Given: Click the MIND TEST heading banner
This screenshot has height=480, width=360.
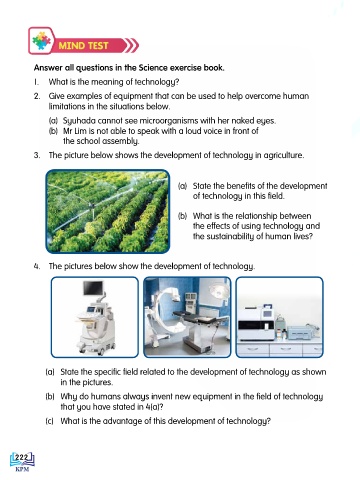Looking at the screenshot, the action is pyautogui.click(x=83, y=45).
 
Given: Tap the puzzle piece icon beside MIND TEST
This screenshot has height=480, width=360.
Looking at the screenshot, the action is pyautogui.click(x=41, y=41).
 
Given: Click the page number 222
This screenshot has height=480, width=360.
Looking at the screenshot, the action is pyautogui.click(x=22, y=457).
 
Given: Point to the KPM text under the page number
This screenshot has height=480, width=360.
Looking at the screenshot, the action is pyautogui.click(x=22, y=469).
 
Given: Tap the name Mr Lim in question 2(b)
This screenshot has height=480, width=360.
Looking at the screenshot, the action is pyautogui.click(x=73, y=131).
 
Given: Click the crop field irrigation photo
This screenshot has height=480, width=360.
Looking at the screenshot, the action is pyautogui.click(x=108, y=211).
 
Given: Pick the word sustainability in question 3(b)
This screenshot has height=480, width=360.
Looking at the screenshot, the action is pyautogui.click(x=225, y=236).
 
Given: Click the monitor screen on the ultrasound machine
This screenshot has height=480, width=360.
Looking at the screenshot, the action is pyautogui.click(x=93, y=288).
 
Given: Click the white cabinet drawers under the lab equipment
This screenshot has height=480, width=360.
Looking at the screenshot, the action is pyautogui.click(x=279, y=349).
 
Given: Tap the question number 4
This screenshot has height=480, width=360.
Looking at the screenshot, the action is pyautogui.click(x=37, y=266).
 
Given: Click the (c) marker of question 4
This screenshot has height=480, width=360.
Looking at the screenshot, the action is pyautogui.click(x=49, y=421).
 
